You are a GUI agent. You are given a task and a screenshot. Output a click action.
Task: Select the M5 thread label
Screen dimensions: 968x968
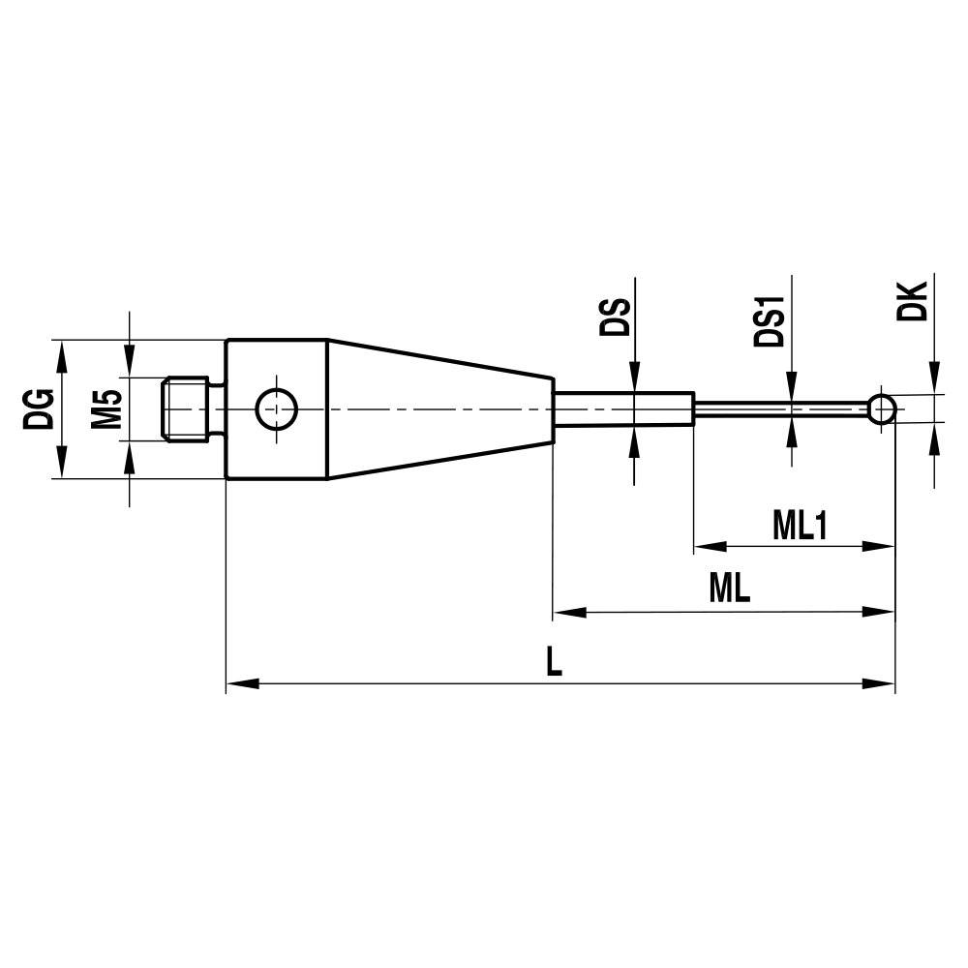107,408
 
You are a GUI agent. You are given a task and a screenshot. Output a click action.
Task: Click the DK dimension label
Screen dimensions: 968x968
912,301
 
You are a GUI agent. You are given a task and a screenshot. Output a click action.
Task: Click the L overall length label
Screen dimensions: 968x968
554,661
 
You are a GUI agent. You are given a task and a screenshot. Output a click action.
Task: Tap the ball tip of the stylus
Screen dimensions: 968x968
881,408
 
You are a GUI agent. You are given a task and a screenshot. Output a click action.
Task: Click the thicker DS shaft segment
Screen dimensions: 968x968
624,408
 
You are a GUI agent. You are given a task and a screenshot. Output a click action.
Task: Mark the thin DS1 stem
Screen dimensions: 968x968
784,408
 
